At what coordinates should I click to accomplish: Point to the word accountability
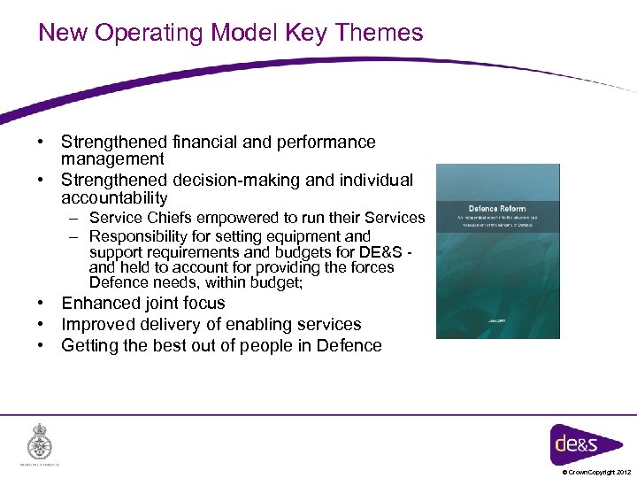coord(114,198)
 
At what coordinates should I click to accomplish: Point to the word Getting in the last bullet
coord(90,345)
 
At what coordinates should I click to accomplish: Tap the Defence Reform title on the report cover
coord(496,209)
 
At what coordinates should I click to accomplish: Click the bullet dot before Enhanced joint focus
coord(42,303)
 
